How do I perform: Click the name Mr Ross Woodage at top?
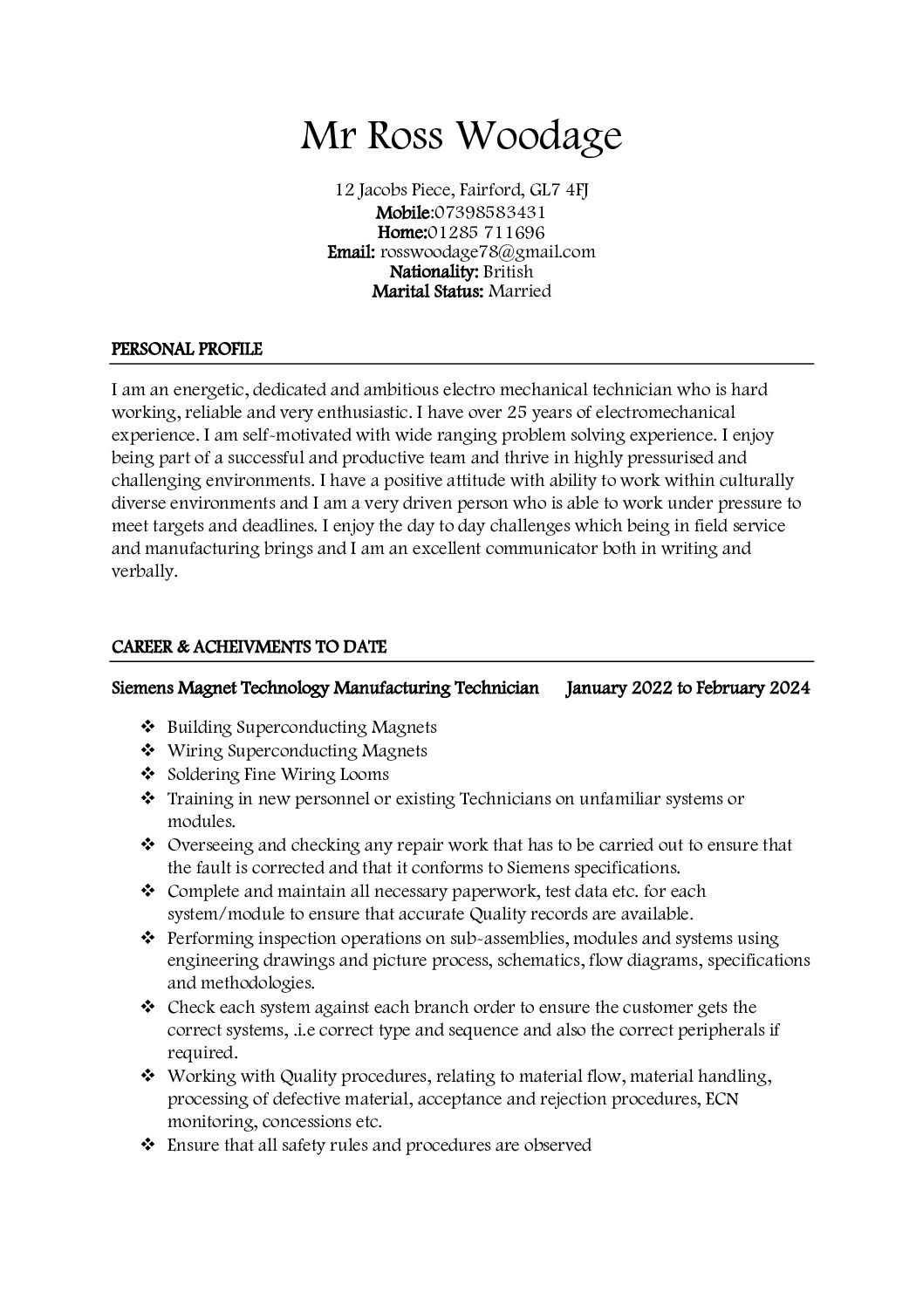pyautogui.click(x=461, y=136)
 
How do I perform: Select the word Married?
pyautogui.click(x=519, y=291)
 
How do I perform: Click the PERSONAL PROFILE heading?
pyautogui.click(x=187, y=350)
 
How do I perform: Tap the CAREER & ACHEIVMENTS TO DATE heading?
pyautogui.click(x=250, y=647)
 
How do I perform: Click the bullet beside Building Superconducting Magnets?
pyautogui.click(x=147, y=727)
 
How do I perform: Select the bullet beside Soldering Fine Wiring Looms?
pyautogui.click(x=147, y=774)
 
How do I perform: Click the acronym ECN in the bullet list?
pyautogui.click(x=720, y=1099)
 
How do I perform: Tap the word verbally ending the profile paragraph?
pyautogui.click(x=144, y=572)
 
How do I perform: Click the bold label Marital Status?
pyautogui.click(x=427, y=291)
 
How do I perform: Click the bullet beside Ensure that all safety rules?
pyautogui.click(x=147, y=1145)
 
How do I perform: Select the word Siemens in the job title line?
pyautogui.click(x=142, y=688)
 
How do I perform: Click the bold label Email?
pyautogui.click(x=352, y=252)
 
